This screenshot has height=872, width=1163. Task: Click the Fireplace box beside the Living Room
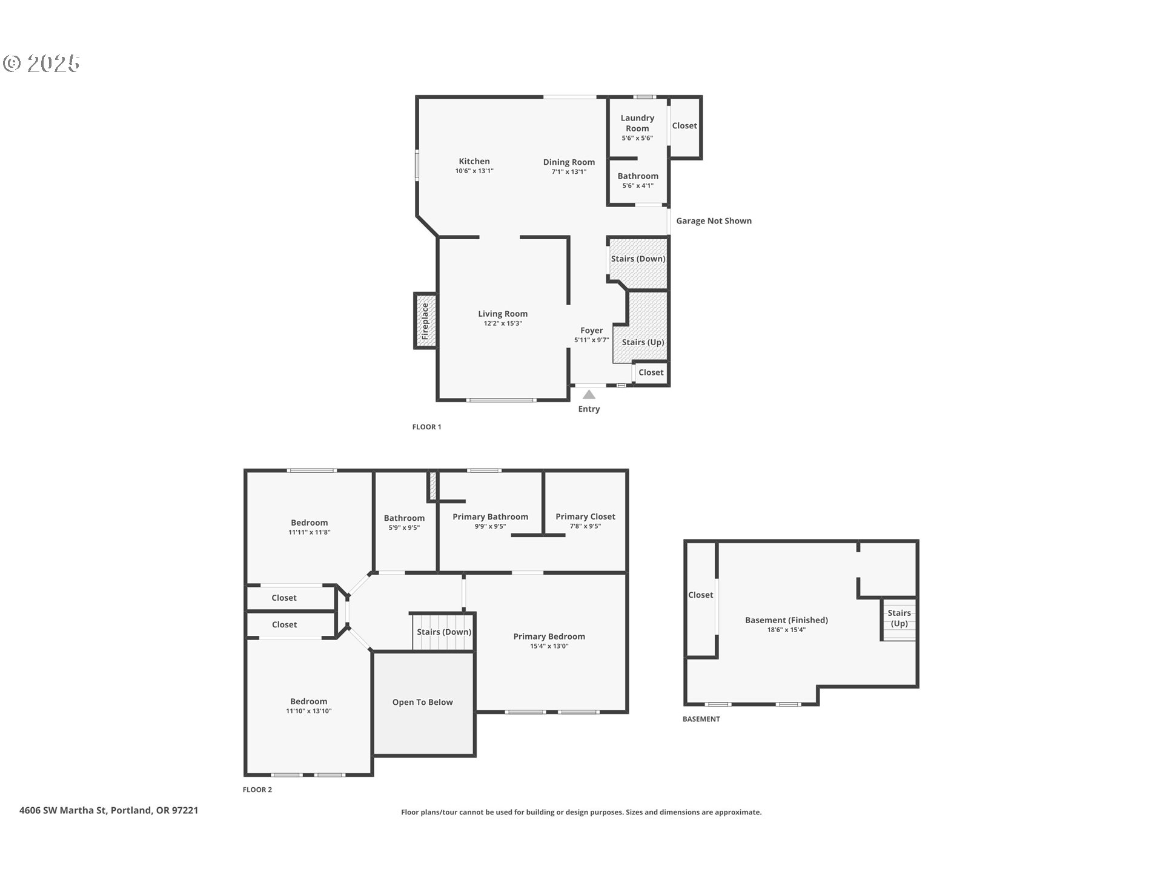pyautogui.click(x=425, y=321)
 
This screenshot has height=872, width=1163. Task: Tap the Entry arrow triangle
pyautogui.click(x=589, y=395)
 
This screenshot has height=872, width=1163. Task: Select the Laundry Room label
pyautogui.click(x=637, y=123)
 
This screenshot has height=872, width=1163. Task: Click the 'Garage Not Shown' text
pyautogui.click(x=714, y=221)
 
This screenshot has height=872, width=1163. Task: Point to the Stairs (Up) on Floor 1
pyautogui.click(x=643, y=342)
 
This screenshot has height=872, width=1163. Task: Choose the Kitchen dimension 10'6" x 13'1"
pyautogui.click(x=474, y=171)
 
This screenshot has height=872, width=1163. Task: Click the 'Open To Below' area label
pyautogui.click(x=422, y=702)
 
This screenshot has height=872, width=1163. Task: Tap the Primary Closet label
pyautogui.click(x=585, y=517)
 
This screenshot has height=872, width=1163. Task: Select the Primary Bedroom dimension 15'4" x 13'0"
pyautogui.click(x=549, y=646)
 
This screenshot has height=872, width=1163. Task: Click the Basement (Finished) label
pyautogui.click(x=786, y=620)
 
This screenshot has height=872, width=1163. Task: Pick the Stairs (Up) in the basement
pyautogui.click(x=899, y=618)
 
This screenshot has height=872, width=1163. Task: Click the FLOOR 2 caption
pyautogui.click(x=257, y=790)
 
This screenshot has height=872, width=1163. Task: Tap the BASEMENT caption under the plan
pyautogui.click(x=701, y=719)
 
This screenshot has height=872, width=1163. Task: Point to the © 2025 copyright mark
pyautogui.click(x=42, y=64)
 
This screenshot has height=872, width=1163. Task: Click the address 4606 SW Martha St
pyautogui.click(x=109, y=810)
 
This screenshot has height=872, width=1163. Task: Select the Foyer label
pyautogui.click(x=591, y=331)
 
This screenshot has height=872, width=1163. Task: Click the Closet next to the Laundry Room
pyautogui.click(x=684, y=126)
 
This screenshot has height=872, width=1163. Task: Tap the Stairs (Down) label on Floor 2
pyautogui.click(x=444, y=632)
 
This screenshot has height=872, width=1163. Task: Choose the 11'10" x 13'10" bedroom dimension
pyautogui.click(x=308, y=711)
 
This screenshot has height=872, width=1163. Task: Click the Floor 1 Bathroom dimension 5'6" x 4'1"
pyautogui.click(x=638, y=186)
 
